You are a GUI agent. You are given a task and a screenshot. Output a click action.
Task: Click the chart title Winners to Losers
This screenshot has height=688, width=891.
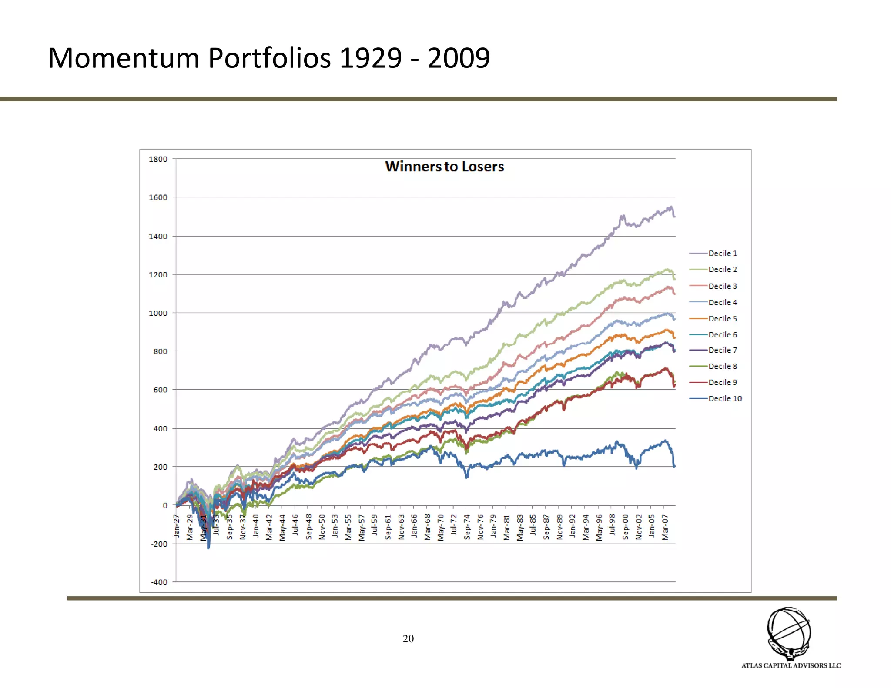[444, 167]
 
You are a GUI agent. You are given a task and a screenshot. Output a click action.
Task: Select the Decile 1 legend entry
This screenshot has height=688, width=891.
[722, 253]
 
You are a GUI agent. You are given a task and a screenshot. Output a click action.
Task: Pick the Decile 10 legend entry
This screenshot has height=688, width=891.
[725, 398]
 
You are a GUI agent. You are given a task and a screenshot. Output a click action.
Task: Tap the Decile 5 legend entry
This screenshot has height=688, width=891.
[722, 318]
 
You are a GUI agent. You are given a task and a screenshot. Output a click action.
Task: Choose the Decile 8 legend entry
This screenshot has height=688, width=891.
[722, 366]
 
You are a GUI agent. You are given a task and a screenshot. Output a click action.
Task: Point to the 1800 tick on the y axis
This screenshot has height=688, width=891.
[158, 159]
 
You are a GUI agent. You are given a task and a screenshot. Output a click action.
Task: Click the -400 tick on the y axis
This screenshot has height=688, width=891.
[159, 582]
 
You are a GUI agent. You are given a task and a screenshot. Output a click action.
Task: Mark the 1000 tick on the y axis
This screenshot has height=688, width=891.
[158, 313]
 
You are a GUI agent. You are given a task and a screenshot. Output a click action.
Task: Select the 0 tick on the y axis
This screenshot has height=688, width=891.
[165, 505]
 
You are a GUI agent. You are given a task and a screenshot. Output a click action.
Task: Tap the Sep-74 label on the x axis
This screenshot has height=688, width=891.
[467, 527]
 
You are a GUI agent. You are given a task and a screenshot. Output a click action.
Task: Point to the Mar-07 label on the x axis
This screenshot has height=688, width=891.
[665, 527]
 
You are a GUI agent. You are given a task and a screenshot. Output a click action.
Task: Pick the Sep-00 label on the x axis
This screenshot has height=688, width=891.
[625, 527]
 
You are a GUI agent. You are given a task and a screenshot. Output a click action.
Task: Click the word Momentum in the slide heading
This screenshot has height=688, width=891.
[123, 58]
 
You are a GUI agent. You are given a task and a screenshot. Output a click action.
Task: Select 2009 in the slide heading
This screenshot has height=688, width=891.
[459, 58]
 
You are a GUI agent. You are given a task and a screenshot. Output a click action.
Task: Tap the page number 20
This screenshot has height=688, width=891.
[408, 638]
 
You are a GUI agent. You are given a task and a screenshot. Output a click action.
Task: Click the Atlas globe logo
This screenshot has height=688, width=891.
[788, 633]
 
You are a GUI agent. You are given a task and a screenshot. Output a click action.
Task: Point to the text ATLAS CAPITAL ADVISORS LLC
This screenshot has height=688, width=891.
[791, 665]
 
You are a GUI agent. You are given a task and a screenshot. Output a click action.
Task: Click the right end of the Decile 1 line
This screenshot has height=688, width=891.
[674, 216]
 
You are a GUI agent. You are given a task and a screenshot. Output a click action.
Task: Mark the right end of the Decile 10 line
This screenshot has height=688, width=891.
[674, 466]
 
